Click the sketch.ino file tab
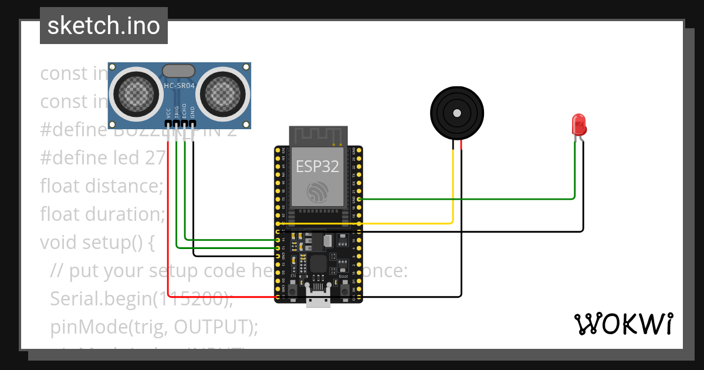(103, 26)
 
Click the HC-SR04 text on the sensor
(179, 85)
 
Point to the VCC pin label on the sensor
(168, 112)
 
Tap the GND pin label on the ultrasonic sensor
(192, 112)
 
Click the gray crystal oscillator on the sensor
(178, 71)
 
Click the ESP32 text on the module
(317, 166)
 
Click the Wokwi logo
(623, 324)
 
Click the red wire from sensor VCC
(168, 235)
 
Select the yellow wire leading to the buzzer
(411, 223)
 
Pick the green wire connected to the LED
(469, 199)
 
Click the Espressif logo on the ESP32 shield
(317, 191)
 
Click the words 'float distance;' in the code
(101, 186)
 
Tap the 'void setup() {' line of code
(97, 242)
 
